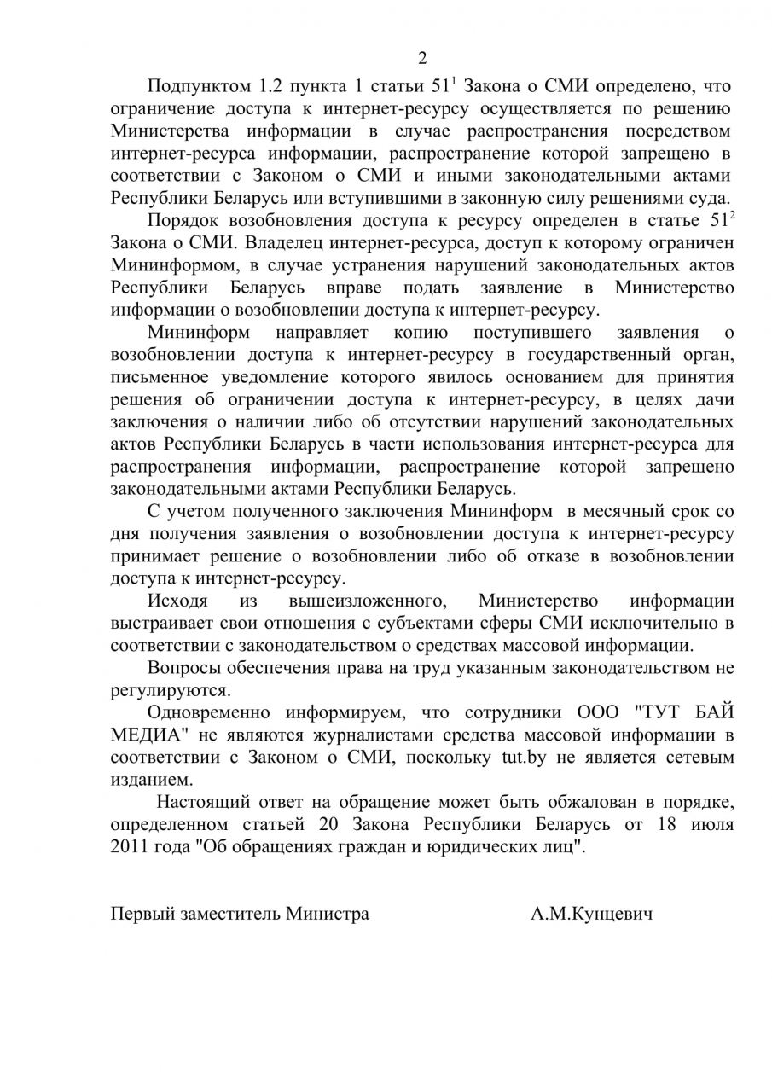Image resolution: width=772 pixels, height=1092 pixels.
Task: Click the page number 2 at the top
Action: pos(422,59)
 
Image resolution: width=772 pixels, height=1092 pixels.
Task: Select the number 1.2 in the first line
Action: pos(273,87)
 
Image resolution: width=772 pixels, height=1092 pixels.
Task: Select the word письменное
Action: pos(162,376)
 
